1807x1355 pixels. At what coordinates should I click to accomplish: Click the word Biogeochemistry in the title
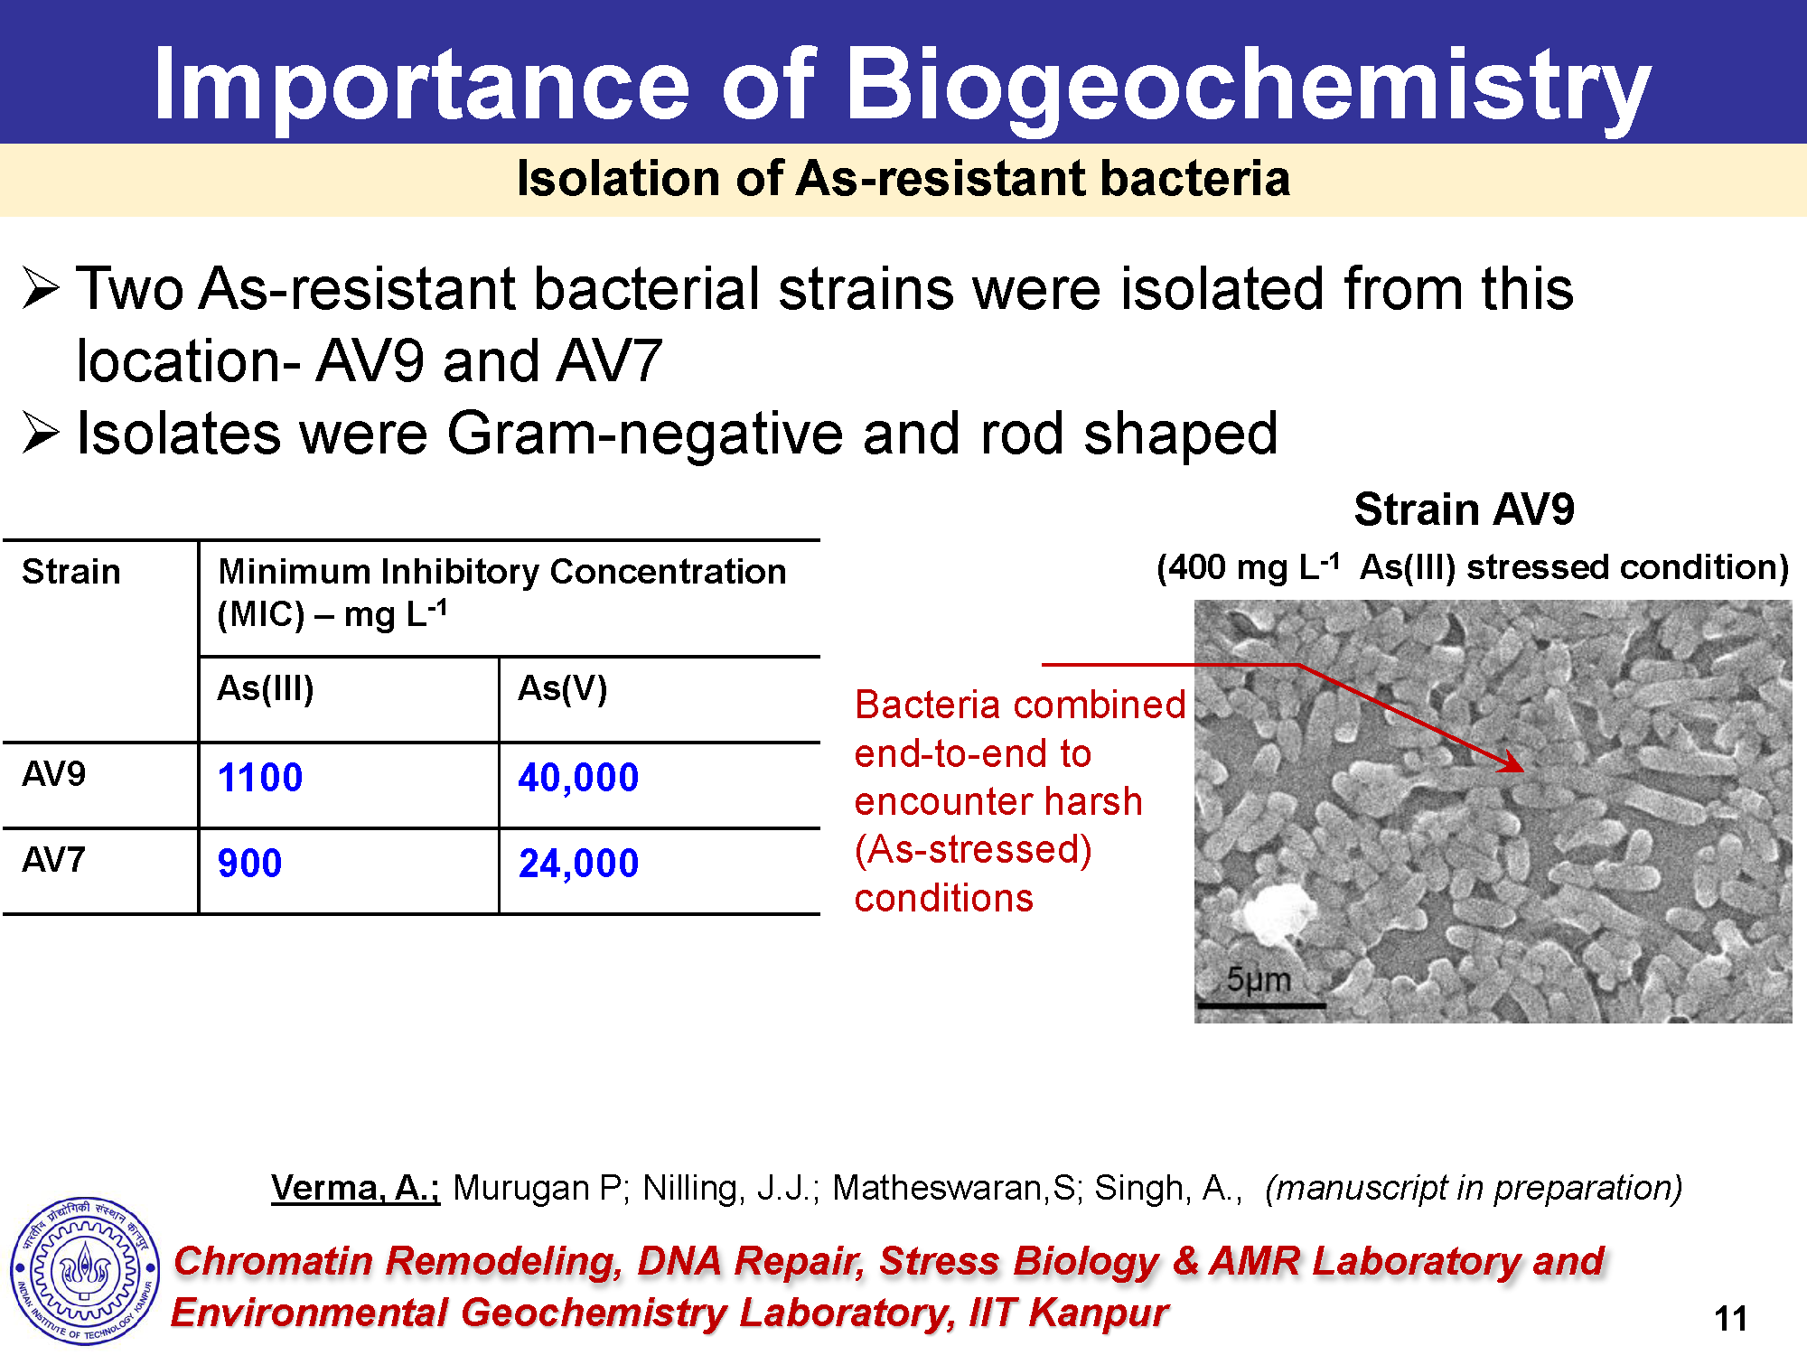[1248, 86]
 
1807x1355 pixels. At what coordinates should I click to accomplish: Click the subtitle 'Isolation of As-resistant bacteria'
[903, 178]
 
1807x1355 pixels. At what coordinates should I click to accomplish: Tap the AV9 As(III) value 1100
[260, 778]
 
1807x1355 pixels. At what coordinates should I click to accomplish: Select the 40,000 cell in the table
[578, 778]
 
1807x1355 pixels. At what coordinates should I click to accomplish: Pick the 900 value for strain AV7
[249, 864]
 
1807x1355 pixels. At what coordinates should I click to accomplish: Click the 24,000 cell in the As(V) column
[578, 864]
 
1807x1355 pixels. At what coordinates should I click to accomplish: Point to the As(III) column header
[266, 689]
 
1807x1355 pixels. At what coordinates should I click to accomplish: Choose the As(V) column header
[562, 689]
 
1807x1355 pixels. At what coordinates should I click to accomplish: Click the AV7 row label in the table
[54, 860]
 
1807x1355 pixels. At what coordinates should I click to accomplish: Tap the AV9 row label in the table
[54, 774]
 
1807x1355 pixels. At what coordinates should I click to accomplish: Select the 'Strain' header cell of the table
[71, 572]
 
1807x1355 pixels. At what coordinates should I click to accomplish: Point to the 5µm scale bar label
[1259, 979]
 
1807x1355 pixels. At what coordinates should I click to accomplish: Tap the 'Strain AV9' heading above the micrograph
[1464, 509]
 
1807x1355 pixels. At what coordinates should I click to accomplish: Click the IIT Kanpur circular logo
[85, 1271]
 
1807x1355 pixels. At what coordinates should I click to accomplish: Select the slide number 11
[1730, 1319]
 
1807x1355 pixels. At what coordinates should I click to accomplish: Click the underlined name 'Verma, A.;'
[355, 1188]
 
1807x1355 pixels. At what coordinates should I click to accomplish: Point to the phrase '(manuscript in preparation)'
[1474, 1188]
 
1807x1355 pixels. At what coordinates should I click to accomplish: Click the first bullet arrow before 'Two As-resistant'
[41, 289]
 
